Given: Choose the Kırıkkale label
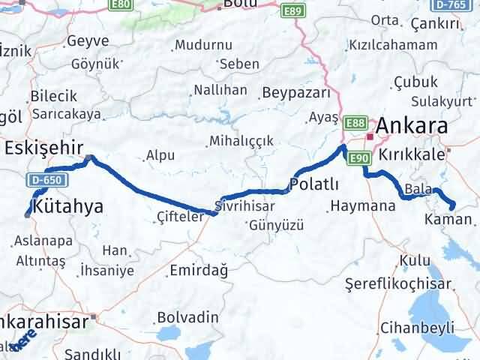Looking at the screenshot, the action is click(x=412, y=153).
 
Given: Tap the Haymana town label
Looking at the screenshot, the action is click(x=363, y=205).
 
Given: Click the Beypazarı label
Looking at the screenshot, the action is click(x=296, y=94).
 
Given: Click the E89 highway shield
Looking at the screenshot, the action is click(x=292, y=11).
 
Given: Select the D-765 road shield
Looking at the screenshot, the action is click(x=450, y=4).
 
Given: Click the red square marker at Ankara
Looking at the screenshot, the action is click(x=370, y=137).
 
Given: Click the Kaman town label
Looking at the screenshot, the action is click(x=448, y=220).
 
